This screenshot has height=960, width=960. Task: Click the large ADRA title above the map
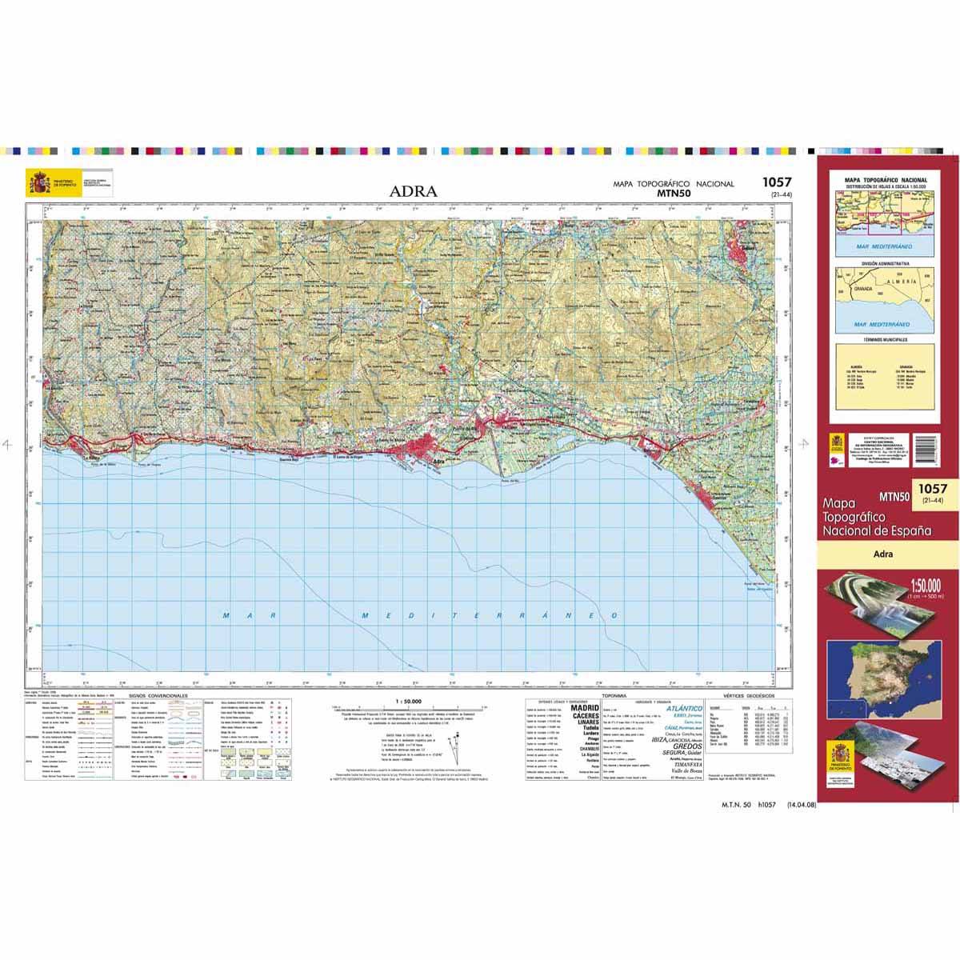click(414, 191)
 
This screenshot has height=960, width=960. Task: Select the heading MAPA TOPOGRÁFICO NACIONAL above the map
click(673, 184)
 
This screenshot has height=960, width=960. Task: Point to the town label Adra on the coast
click(438, 462)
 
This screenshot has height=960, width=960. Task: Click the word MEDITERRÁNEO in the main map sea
click(490, 616)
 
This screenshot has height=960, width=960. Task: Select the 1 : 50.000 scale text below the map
click(409, 700)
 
